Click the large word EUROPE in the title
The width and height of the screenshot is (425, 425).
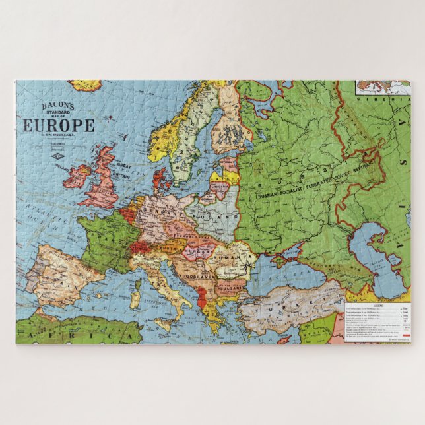(x=59, y=125)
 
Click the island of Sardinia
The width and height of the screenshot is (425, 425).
(x=137, y=294)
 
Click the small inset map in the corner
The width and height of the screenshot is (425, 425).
(x=382, y=87)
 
